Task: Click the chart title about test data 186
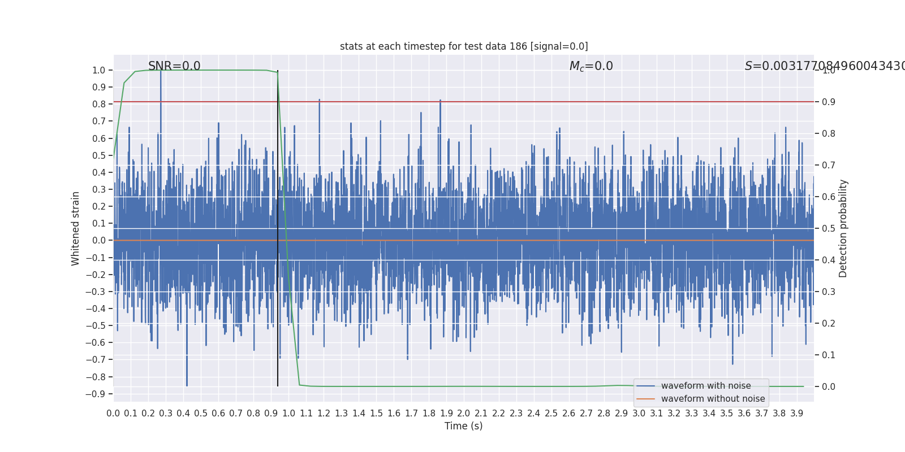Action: [464, 46]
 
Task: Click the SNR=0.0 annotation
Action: [174, 66]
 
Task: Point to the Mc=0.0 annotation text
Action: [591, 66]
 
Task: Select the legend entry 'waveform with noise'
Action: [706, 386]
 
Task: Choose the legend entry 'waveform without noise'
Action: [713, 399]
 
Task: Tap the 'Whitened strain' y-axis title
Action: [76, 228]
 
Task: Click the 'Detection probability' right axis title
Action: [843, 228]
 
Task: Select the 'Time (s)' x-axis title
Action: [463, 426]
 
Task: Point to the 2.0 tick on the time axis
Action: [464, 414]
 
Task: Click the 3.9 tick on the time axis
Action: [796, 414]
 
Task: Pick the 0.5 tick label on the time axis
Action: [201, 414]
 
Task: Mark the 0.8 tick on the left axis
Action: [99, 104]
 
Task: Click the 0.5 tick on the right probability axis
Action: [829, 228]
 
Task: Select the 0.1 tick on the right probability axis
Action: [829, 355]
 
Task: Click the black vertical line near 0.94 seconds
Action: [278, 226]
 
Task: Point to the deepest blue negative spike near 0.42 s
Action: [187, 384]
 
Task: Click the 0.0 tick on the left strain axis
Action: [99, 240]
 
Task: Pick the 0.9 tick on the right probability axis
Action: [829, 102]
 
